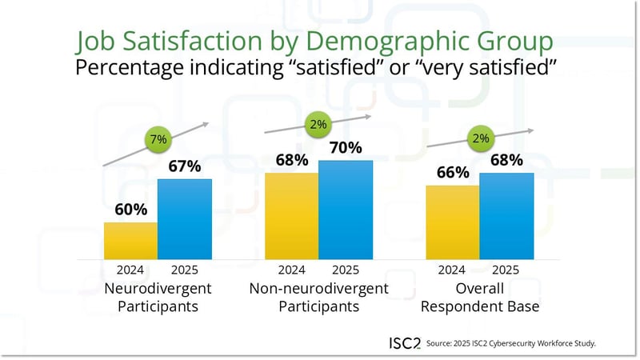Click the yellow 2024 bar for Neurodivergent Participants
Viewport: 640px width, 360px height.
(x=130, y=241)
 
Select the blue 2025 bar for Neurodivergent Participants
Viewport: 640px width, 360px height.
(x=185, y=219)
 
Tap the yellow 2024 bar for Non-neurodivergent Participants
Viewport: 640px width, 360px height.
(x=291, y=216)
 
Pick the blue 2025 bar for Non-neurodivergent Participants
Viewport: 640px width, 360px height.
(x=346, y=210)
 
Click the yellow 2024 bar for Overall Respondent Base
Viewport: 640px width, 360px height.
(x=453, y=222)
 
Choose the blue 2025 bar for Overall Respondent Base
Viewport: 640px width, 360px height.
(x=506, y=216)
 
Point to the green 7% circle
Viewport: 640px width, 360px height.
(x=158, y=140)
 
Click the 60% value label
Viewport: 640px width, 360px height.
(x=130, y=210)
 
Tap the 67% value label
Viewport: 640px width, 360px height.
(x=185, y=166)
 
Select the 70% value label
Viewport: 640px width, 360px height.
(x=346, y=148)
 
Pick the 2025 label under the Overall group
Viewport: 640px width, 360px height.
(x=506, y=270)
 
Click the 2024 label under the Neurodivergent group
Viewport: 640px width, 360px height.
(x=130, y=270)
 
